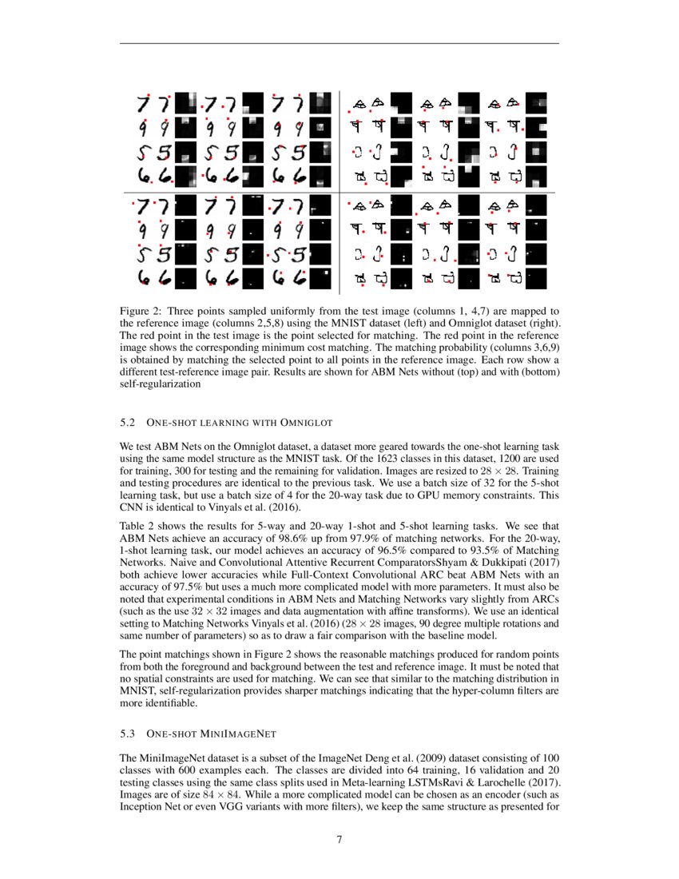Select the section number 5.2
128,421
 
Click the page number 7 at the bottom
339,839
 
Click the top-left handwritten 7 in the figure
144,103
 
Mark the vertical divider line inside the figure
340,192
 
